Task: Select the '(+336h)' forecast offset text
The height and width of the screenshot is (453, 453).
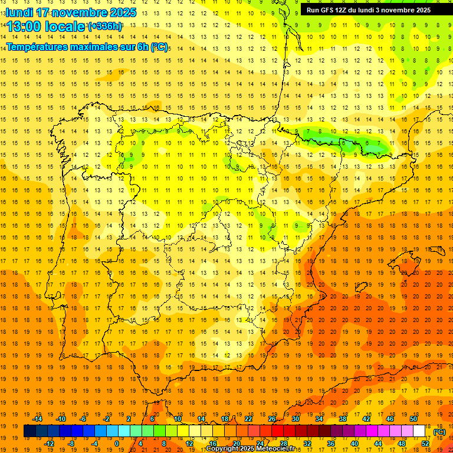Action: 105,26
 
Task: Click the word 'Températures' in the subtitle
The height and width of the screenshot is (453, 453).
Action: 36,47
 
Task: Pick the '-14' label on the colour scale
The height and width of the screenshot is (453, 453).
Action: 38,419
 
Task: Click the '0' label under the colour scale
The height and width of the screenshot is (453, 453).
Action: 117,443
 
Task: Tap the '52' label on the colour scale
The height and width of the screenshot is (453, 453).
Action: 425,443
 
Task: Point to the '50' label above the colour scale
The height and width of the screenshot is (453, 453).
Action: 413,419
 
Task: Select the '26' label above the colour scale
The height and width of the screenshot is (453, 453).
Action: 272,419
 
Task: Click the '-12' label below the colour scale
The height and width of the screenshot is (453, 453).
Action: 49,443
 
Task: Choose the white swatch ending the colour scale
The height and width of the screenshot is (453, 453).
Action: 419,431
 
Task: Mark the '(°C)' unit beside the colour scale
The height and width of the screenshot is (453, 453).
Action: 439,432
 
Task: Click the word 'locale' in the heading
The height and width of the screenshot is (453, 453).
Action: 66,27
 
